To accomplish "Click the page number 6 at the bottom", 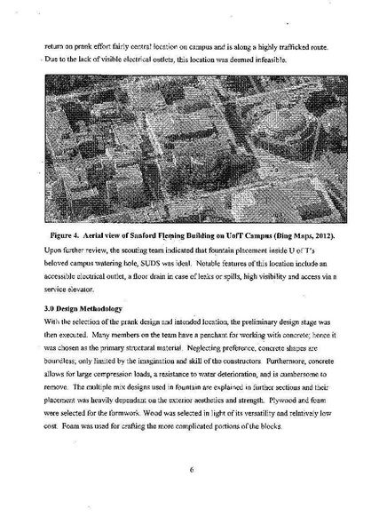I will [191, 471].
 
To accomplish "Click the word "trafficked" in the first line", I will [271, 44].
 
